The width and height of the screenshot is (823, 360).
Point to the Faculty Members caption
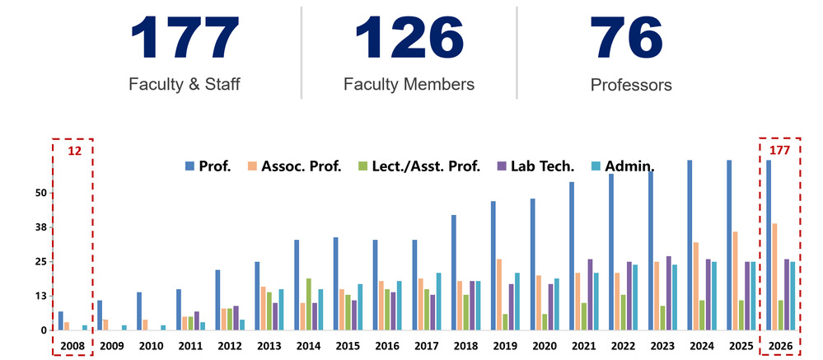click(x=409, y=84)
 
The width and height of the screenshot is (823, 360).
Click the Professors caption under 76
click(x=631, y=84)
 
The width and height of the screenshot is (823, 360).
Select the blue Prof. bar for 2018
click(x=454, y=272)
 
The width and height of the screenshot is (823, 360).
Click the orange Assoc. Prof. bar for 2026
click(x=774, y=276)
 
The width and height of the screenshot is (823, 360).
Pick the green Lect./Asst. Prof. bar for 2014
click(x=308, y=304)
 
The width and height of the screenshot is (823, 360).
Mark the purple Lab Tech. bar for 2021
click(x=590, y=294)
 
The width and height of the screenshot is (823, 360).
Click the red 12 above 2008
click(x=74, y=151)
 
